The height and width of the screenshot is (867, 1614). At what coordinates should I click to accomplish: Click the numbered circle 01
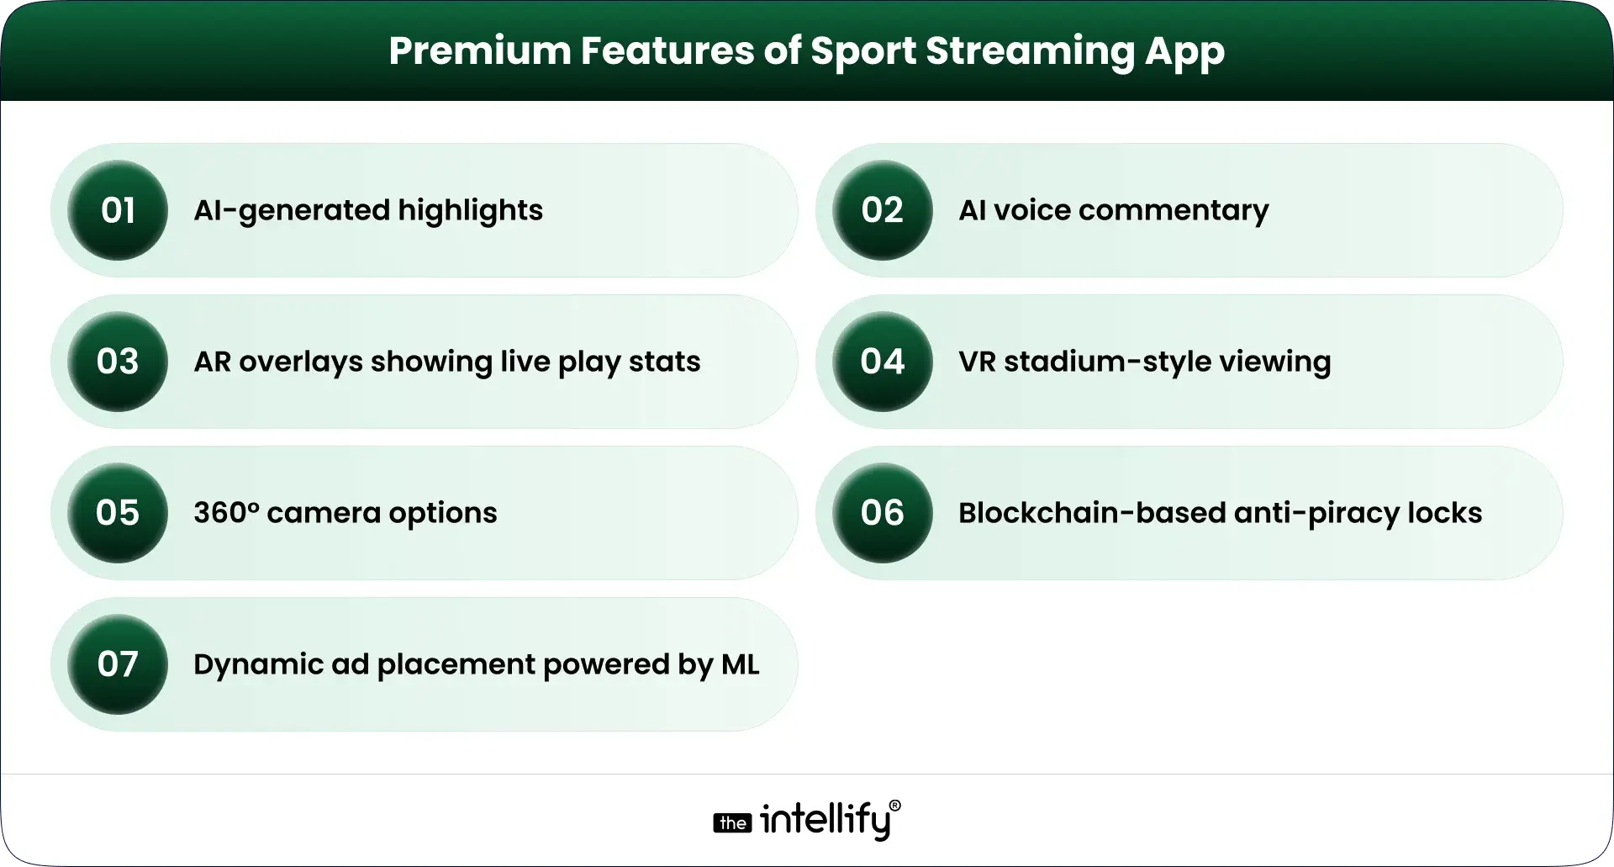click(118, 210)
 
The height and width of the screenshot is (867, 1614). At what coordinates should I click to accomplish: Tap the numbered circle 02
click(882, 210)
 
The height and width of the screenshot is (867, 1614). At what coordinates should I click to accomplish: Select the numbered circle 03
click(118, 362)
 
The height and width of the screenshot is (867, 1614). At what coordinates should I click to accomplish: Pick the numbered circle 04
click(882, 362)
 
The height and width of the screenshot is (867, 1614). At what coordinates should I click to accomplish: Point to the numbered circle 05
click(118, 513)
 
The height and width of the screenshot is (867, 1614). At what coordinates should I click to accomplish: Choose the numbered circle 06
click(882, 513)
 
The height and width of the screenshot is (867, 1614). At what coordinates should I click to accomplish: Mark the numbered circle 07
click(118, 664)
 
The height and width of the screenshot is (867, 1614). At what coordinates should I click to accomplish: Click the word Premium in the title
click(479, 51)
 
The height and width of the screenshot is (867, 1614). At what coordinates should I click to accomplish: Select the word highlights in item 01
click(470, 210)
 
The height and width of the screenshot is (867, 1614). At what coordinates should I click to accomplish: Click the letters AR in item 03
click(212, 362)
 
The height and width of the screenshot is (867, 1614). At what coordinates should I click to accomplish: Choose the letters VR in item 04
click(976, 362)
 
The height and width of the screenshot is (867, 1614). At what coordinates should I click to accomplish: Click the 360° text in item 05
click(226, 513)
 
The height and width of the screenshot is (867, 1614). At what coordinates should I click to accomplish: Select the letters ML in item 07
click(740, 664)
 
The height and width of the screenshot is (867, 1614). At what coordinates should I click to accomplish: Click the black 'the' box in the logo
click(732, 823)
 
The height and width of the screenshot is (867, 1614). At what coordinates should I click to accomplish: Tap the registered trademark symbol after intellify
click(894, 806)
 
